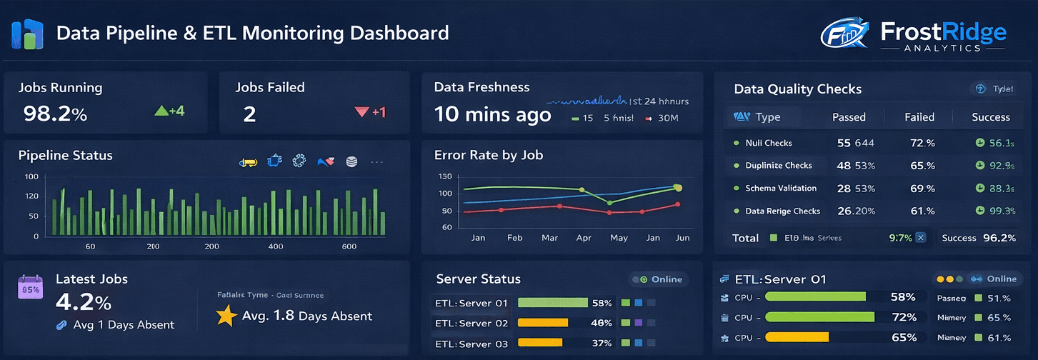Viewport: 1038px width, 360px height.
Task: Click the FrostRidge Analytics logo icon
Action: (x=844, y=34)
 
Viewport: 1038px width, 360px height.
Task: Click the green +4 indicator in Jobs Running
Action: (x=170, y=111)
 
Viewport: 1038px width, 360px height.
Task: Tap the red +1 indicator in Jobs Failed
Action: (x=371, y=112)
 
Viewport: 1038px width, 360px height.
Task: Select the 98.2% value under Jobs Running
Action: (x=55, y=113)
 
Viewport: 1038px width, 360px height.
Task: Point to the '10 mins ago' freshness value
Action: (x=493, y=114)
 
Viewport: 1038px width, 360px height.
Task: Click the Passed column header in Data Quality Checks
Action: (x=849, y=117)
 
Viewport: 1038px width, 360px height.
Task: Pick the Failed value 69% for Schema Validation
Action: (x=922, y=189)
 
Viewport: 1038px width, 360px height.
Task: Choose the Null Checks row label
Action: (x=768, y=143)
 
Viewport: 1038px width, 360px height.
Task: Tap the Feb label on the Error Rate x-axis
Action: (x=514, y=238)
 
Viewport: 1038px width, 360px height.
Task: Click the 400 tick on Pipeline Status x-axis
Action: (x=276, y=246)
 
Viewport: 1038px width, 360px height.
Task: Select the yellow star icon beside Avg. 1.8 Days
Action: (x=226, y=316)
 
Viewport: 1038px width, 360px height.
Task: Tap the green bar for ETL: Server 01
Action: (x=552, y=303)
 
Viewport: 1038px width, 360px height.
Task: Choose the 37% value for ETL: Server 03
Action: (x=602, y=344)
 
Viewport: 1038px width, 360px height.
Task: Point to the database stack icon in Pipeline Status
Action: (x=351, y=162)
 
